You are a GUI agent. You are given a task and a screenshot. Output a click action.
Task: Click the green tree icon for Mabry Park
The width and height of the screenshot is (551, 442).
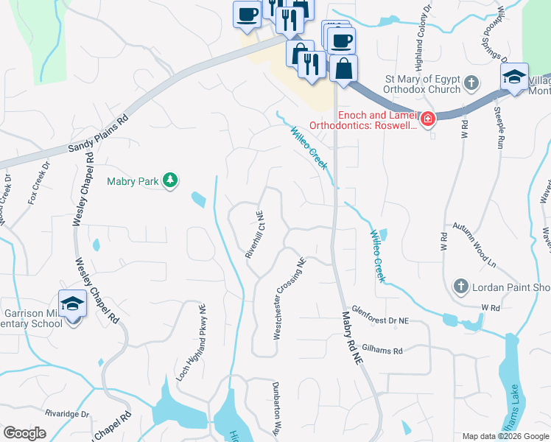170,180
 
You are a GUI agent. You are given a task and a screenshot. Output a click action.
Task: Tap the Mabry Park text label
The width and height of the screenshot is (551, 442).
133,181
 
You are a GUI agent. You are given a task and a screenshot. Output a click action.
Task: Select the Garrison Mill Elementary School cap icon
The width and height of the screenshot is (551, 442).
72,303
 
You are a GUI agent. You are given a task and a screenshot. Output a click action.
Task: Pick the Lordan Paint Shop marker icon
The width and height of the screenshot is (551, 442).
460,286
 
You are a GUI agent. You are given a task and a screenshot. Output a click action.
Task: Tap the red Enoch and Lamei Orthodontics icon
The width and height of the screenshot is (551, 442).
427,118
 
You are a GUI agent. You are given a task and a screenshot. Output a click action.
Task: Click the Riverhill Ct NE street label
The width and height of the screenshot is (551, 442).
255,234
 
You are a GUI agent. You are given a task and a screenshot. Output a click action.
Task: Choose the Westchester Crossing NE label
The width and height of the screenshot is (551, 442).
289,298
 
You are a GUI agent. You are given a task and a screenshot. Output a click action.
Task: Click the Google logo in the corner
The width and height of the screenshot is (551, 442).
24,432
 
